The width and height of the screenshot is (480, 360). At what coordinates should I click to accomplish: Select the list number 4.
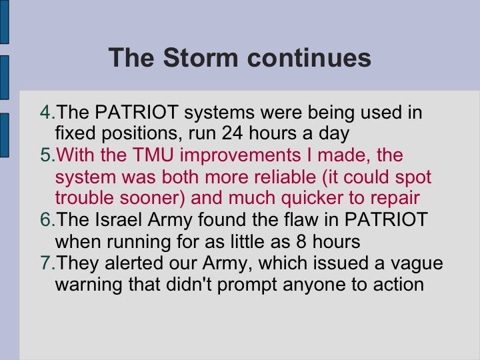46,112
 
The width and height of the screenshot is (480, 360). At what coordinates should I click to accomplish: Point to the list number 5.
46,155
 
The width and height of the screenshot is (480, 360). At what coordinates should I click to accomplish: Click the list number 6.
46,219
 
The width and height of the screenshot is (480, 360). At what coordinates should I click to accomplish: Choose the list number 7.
46,263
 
